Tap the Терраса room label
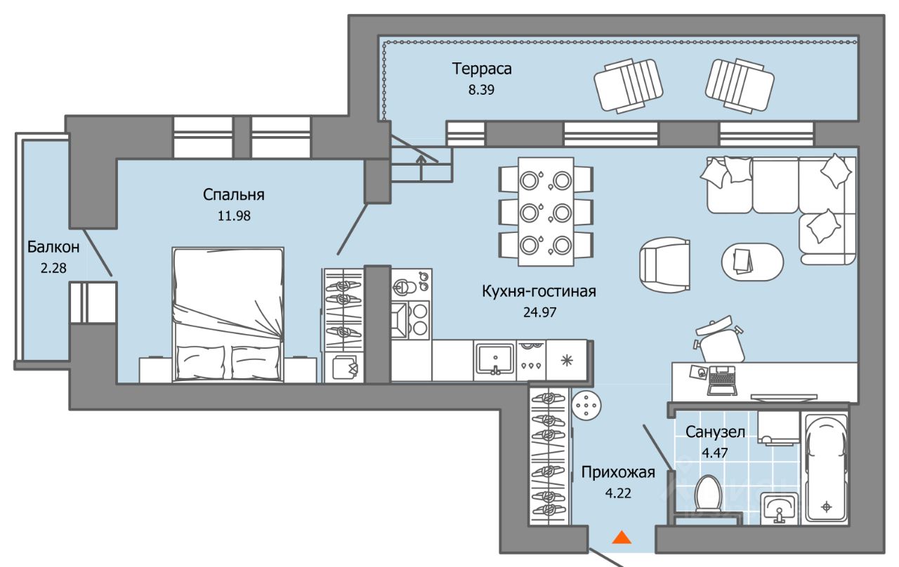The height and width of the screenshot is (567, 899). pos(482,69)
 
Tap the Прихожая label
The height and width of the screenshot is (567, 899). pos(618,472)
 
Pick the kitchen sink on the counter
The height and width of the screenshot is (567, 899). pos(495,359)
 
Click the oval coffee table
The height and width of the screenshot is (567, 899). pos(752,262)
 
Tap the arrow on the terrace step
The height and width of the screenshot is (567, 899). pos(421,162)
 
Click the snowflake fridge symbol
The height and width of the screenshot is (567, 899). pos(567,360)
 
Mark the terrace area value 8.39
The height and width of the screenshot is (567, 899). pos(480,91)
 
